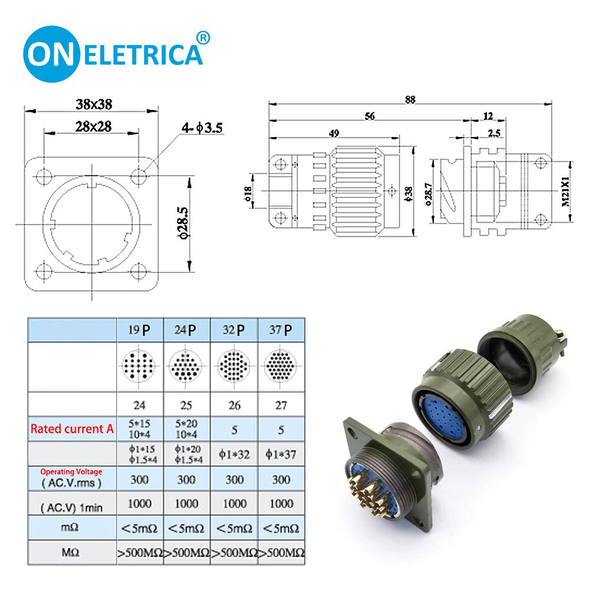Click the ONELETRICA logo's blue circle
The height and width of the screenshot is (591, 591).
pyautogui.click(x=52, y=54)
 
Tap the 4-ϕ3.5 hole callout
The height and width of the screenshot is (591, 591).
pyautogui.click(x=202, y=127)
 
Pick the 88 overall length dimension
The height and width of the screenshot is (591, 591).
pyautogui.click(x=410, y=99)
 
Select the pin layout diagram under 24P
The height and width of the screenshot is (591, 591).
pyautogui.click(x=186, y=367)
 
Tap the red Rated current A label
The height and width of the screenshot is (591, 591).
pyautogui.click(x=72, y=429)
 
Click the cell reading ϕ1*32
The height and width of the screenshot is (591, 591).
pyautogui.click(x=234, y=454)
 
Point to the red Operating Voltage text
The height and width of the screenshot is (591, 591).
pyautogui.click(x=71, y=472)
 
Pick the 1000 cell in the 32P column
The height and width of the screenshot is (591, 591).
pyautogui.click(x=234, y=504)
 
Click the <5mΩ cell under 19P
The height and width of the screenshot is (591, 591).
pyautogui.click(x=139, y=528)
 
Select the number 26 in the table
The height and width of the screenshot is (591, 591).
pyautogui.click(x=234, y=406)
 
